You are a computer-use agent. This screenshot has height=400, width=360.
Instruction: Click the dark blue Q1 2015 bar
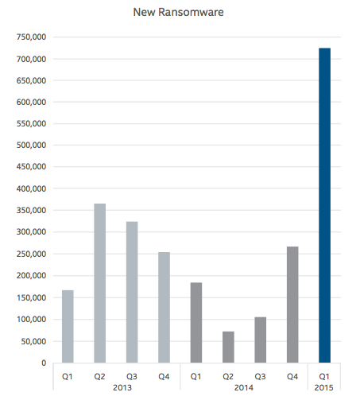click(x=324, y=205)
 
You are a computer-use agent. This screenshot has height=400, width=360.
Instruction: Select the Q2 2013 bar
click(x=100, y=283)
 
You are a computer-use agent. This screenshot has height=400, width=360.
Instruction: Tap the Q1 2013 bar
click(x=68, y=326)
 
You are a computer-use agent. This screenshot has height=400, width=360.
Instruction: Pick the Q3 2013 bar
click(x=132, y=292)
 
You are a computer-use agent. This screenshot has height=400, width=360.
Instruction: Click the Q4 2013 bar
click(x=164, y=308)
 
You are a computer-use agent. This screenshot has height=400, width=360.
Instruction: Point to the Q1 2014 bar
click(x=196, y=323)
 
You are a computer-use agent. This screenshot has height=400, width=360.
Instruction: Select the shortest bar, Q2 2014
click(x=228, y=347)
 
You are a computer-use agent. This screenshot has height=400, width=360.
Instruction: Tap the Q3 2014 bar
click(x=261, y=340)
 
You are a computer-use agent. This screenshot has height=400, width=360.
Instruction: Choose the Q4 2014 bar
click(x=292, y=305)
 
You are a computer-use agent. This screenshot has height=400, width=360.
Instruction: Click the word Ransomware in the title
click(x=191, y=12)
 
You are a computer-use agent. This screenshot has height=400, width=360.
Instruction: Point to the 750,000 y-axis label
click(x=31, y=37)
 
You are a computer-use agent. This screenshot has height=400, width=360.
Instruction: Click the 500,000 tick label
click(x=31, y=146)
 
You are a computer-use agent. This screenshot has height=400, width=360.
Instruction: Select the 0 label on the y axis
click(x=44, y=363)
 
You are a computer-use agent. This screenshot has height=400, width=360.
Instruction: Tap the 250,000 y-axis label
click(x=31, y=254)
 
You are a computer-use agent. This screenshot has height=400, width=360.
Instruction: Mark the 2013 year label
click(x=122, y=387)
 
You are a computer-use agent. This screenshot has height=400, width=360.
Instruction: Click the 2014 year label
click(x=244, y=387)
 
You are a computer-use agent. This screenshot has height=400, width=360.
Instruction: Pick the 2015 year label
click(x=323, y=387)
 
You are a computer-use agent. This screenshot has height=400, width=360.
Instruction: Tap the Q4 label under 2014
click(x=292, y=376)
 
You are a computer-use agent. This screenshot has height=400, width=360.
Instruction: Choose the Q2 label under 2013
click(x=99, y=376)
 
